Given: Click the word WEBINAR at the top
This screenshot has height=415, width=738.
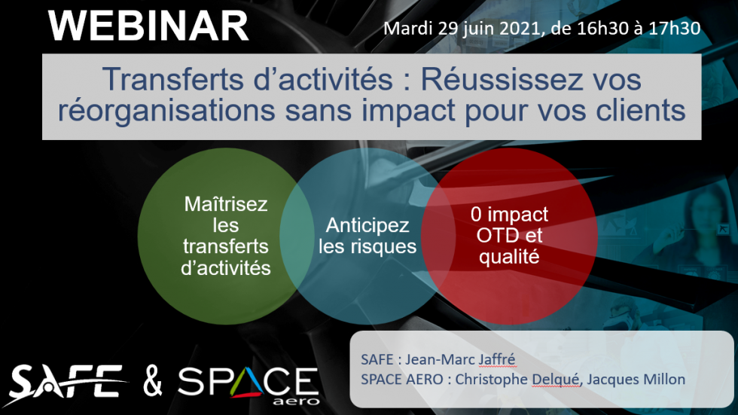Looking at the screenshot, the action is [x=148, y=26].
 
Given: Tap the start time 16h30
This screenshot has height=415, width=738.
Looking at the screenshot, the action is [x=602, y=29].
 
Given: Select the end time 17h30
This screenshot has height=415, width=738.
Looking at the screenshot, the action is [x=675, y=29].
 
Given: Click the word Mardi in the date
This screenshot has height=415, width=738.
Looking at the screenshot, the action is [x=407, y=29].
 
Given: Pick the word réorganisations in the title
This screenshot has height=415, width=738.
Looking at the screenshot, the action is [x=166, y=111].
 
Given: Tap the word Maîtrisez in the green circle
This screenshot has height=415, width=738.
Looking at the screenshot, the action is [x=226, y=204].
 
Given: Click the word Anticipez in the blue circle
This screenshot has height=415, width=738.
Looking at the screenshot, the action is [x=367, y=225].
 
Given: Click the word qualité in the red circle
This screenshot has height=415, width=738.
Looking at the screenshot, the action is [x=509, y=257].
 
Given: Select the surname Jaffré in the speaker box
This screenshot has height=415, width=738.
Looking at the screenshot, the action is [x=497, y=360].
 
